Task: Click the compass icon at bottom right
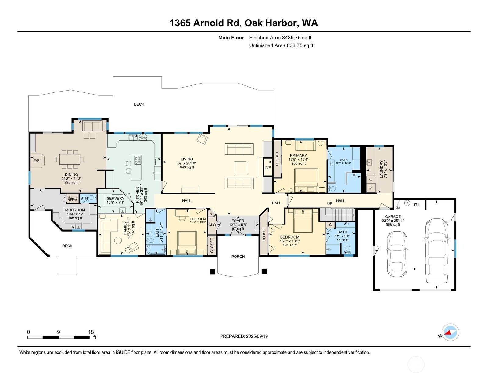click(450, 332)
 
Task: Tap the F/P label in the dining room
click(36, 160)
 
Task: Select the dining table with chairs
click(70, 159)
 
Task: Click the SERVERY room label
click(115, 198)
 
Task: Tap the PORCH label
click(238, 257)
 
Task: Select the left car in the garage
click(397, 253)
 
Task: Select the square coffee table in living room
click(241, 168)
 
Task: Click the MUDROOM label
click(75, 210)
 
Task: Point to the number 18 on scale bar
click(91, 332)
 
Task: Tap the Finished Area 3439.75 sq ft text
click(280, 38)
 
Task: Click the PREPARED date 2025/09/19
click(244, 336)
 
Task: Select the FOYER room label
click(238, 221)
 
